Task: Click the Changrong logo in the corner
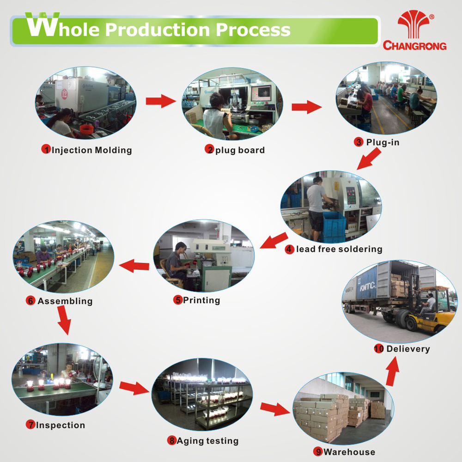(x=414, y=31)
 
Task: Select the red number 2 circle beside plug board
(x=210, y=150)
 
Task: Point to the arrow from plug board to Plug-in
(x=306, y=107)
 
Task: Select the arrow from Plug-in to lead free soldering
(x=370, y=160)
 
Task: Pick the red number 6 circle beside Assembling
(x=30, y=301)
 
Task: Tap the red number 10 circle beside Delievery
(x=379, y=349)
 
